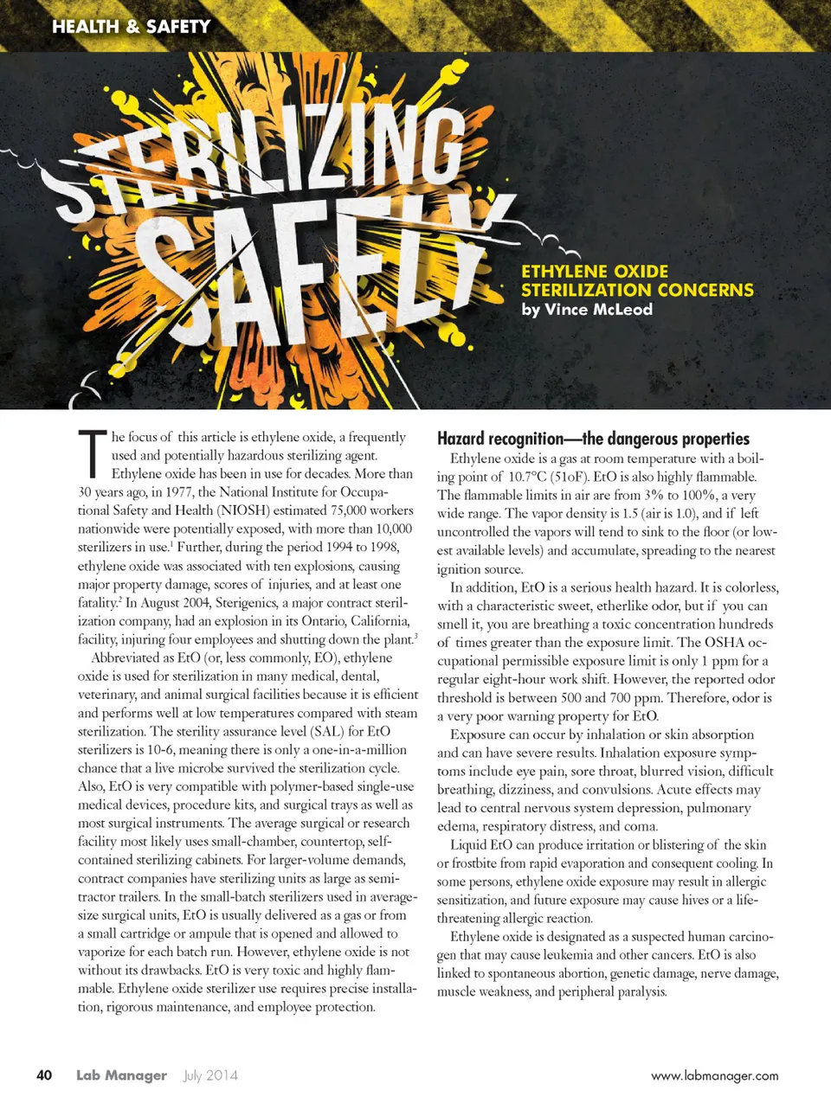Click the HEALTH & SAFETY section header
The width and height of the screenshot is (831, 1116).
(x=131, y=27)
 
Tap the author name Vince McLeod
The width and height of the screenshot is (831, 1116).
(x=598, y=310)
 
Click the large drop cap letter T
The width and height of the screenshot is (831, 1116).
(x=92, y=454)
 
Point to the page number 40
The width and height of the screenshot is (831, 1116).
(x=44, y=1075)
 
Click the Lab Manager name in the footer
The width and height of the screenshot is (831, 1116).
(x=121, y=1075)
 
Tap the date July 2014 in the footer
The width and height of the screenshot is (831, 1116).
(x=210, y=1075)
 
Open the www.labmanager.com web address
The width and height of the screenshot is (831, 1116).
(x=714, y=1076)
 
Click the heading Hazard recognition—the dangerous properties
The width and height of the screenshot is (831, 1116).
(x=593, y=439)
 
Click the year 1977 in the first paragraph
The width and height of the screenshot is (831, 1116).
(x=177, y=492)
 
